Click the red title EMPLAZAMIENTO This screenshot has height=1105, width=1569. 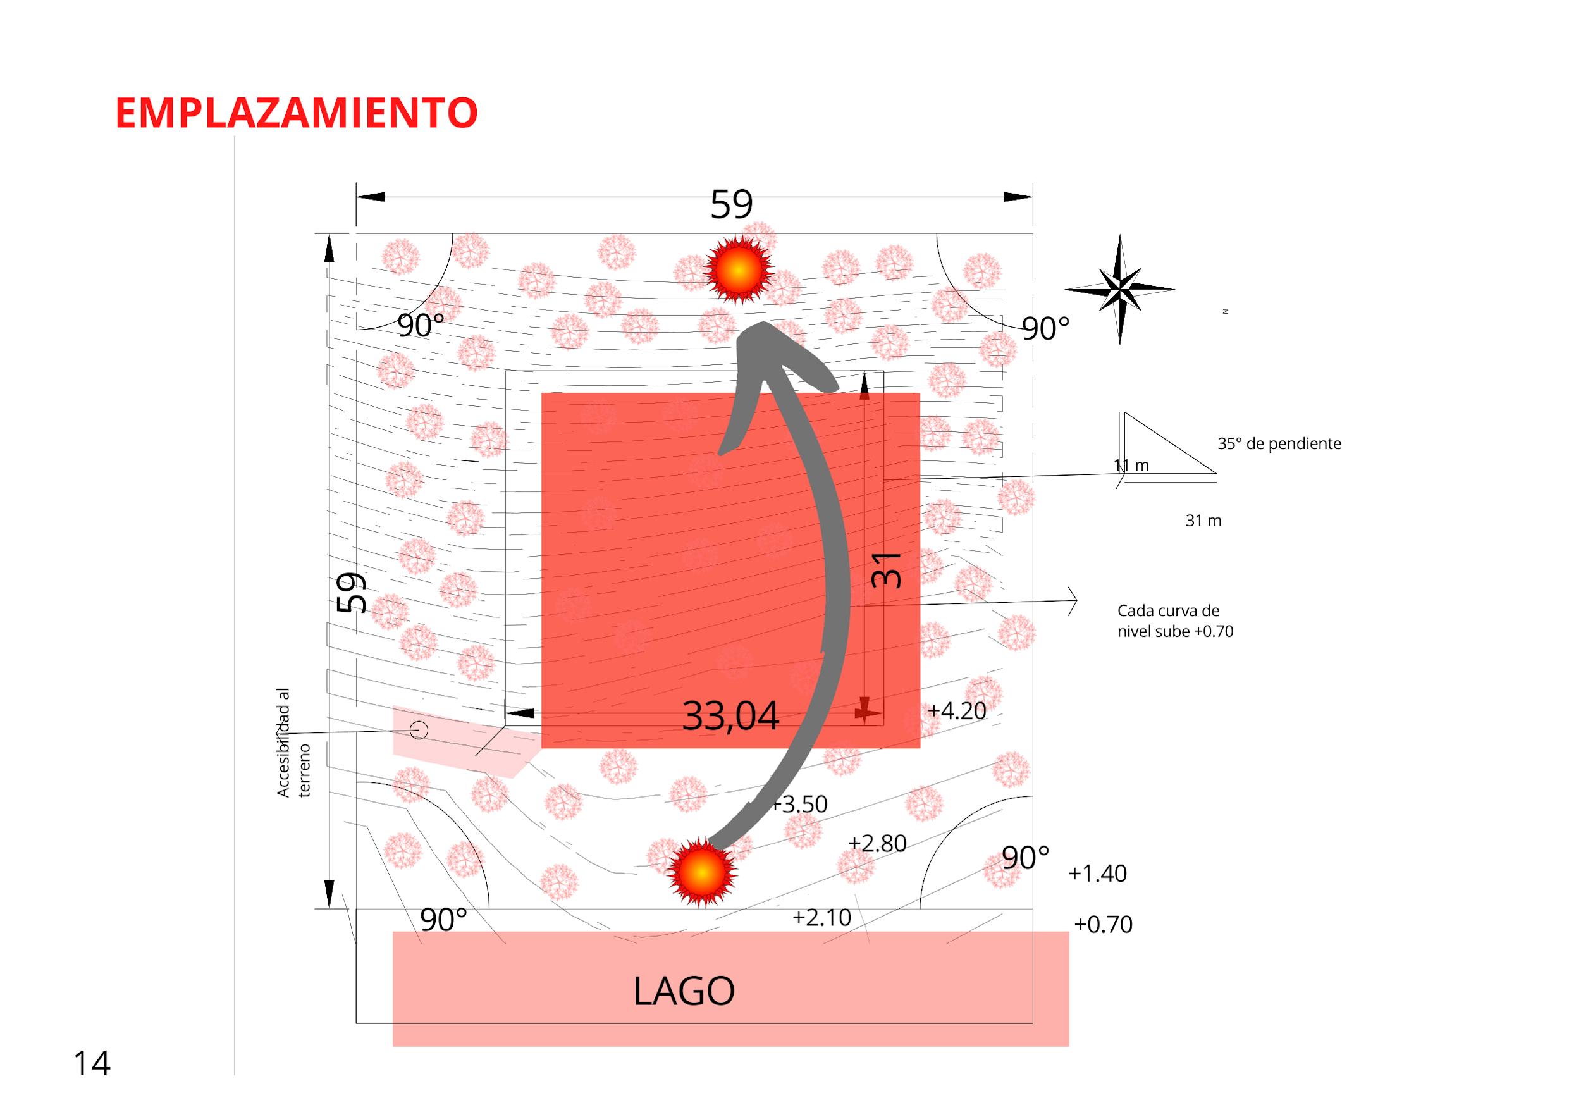(x=296, y=113)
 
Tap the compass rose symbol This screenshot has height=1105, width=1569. (x=1119, y=289)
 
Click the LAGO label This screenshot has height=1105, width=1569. (x=684, y=992)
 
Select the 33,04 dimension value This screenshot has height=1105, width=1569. (x=730, y=716)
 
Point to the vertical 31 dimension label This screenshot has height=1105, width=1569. (x=888, y=570)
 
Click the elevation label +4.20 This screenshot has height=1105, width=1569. (x=957, y=712)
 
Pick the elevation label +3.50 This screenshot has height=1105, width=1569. (x=799, y=805)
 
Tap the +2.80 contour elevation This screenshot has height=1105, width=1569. (x=877, y=844)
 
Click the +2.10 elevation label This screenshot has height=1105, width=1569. (x=821, y=918)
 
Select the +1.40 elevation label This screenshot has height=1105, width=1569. (x=1097, y=874)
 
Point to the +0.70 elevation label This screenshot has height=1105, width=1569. (x=1103, y=925)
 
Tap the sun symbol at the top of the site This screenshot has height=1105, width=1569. (x=737, y=270)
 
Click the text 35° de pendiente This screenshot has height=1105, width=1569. (x=1279, y=444)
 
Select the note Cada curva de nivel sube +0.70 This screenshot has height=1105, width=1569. (x=1175, y=620)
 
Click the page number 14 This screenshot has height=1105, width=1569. (x=92, y=1064)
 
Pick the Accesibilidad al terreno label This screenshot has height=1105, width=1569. (x=293, y=743)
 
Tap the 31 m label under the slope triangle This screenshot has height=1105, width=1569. (x=1203, y=521)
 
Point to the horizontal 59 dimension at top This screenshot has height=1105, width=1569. (x=731, y=204)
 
